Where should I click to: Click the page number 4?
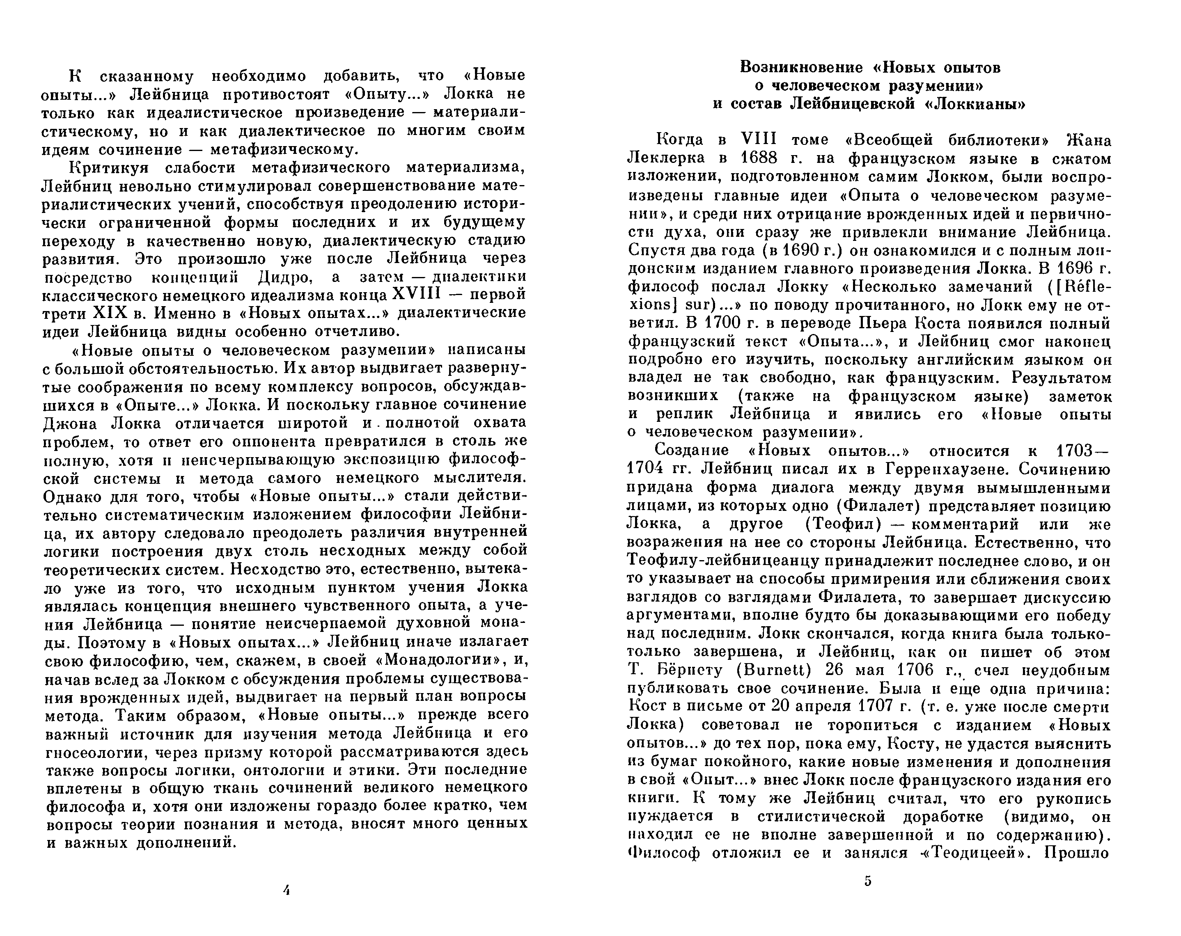click(x=286, y=890)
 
